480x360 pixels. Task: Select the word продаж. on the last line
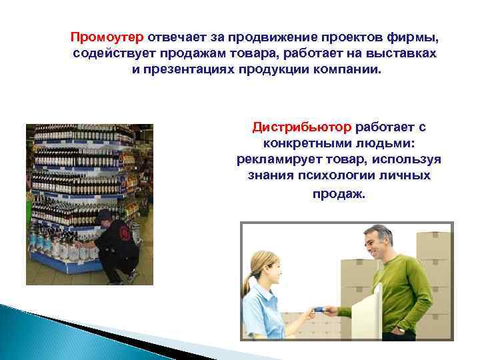coord(339,194)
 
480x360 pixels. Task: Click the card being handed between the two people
coord(319,309)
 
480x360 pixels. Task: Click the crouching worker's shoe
coord(133,275)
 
